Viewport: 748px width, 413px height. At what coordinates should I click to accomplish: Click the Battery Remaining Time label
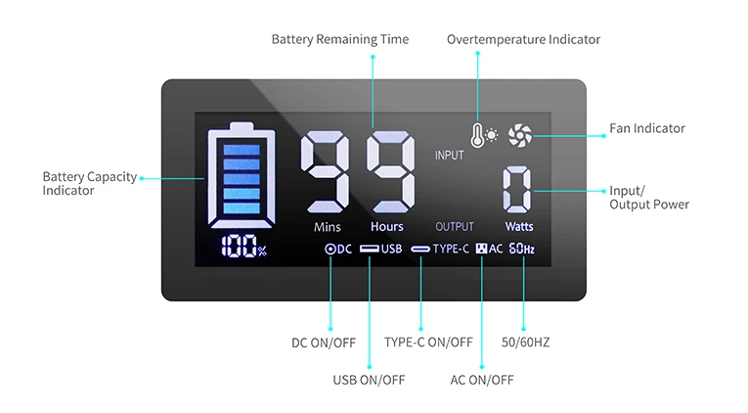[339, 39]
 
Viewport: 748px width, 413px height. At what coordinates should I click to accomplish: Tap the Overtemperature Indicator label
[523, 39]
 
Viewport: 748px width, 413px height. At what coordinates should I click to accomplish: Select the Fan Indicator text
[647, 128]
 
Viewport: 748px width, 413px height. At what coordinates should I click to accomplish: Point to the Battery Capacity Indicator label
[82, 184]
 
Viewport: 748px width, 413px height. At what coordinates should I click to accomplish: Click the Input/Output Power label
[648, 198]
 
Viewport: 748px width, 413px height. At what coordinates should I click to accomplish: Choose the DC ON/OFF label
[324, 343]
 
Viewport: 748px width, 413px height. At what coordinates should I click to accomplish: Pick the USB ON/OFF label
[369, 380]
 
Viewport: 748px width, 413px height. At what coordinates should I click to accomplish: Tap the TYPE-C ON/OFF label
[428, 343]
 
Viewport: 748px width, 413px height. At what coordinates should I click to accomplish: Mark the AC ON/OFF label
[481, 380]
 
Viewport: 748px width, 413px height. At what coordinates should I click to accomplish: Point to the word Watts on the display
[519, 227]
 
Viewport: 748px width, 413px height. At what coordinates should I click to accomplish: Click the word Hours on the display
[386, 227]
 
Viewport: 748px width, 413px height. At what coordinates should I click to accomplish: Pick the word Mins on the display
[328, 227]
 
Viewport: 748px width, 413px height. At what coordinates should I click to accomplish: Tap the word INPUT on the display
[450, 156]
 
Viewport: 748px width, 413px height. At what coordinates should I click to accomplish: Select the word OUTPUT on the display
[454, 227]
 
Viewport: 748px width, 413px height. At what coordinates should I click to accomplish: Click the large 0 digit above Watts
[518, 190]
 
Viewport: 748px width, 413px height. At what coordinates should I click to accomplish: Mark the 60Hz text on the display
[521, 249]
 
